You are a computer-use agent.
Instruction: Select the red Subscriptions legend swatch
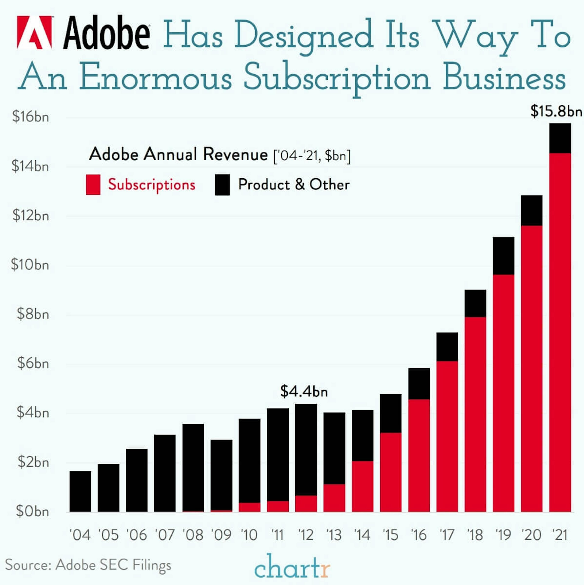[93, 184]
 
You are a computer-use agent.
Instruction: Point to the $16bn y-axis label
[30, 117]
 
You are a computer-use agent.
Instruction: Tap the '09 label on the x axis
[221, 535]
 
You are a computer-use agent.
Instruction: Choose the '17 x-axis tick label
[447, 535]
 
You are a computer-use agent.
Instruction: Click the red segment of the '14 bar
[362, 486]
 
